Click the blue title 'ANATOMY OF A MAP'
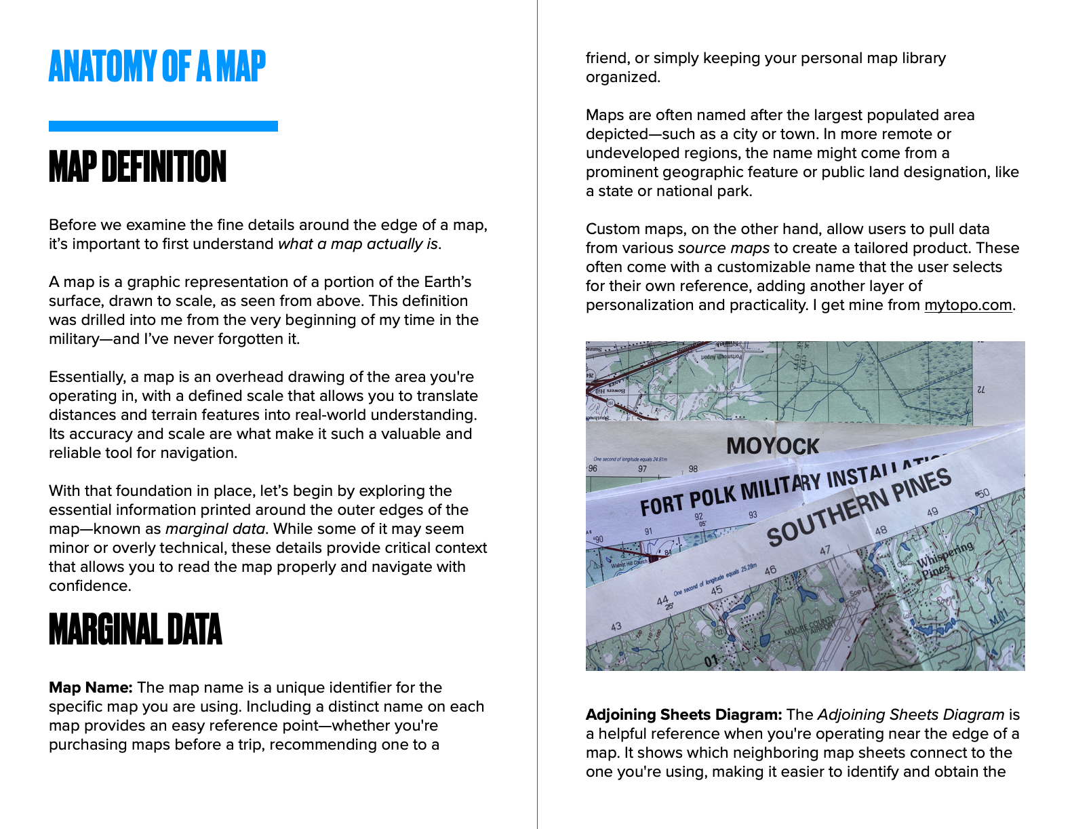click(157, 66)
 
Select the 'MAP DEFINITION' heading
click(138, 168)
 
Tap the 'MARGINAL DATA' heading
click(136, 630)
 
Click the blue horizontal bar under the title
click(163, 126)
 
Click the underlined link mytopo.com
click(968, 305)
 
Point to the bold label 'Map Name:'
click(90, 688)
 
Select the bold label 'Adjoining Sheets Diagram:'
click(683, 715)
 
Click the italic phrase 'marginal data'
click(214, 529)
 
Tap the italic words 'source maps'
click(723, 248)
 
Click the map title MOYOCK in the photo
click(772, 446)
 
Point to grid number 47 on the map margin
click(824, 551)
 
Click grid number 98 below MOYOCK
click(693, 469)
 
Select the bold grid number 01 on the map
click(711, 660)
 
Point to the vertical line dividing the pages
click(537, 414)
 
